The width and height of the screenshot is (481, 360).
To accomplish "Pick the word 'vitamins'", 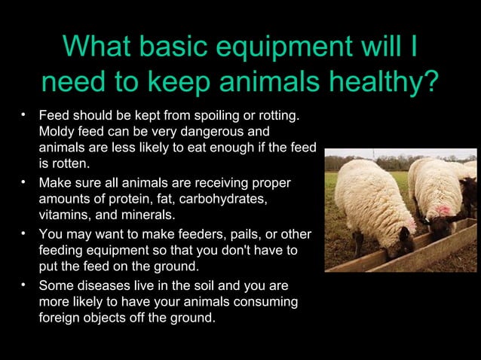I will tap(63, 214).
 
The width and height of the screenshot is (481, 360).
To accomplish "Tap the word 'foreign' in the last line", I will tap(60, 318).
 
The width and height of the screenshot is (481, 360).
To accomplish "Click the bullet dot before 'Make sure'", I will tap(24, 182).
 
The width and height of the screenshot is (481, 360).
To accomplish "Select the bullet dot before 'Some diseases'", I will tap(24, 285).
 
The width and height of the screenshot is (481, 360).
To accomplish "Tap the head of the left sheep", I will tap(403, 241).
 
